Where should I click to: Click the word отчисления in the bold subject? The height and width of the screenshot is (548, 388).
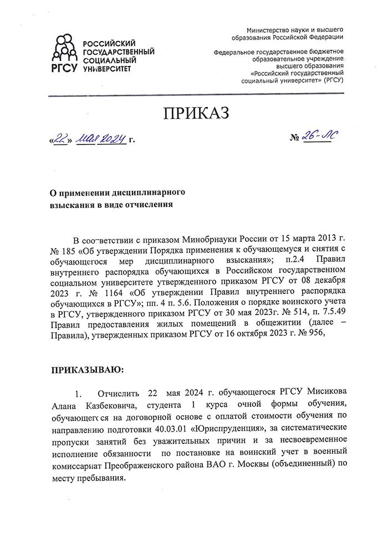147,204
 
